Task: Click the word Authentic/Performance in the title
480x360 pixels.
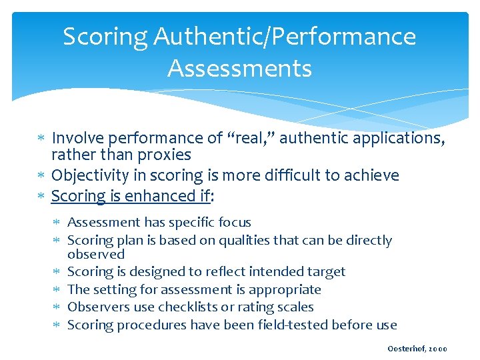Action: point(285,37)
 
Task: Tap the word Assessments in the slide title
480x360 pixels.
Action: point(240,68)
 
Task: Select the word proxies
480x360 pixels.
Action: point(165,155)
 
